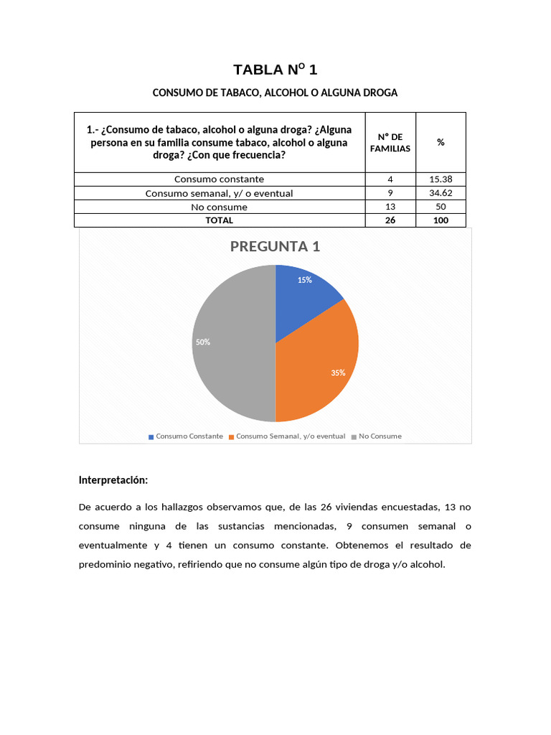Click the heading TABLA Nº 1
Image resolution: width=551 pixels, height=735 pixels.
275,70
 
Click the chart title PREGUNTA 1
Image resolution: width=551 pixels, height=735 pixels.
275,247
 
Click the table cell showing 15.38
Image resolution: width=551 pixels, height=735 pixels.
441,179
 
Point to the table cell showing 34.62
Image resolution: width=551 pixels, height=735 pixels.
441,193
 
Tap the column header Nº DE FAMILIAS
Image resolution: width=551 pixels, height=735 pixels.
390,142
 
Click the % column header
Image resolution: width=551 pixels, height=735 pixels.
441,142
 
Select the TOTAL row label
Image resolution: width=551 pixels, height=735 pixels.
220,220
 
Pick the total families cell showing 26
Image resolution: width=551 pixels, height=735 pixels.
390,220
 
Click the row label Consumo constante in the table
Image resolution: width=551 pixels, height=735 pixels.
220,179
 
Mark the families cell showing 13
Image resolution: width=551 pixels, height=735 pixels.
390,207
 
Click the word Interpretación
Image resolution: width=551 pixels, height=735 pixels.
113,479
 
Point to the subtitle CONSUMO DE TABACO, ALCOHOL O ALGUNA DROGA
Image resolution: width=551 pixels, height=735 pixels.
275,93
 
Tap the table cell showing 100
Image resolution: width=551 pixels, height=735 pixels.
441,220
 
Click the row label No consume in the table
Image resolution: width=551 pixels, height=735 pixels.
220,207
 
